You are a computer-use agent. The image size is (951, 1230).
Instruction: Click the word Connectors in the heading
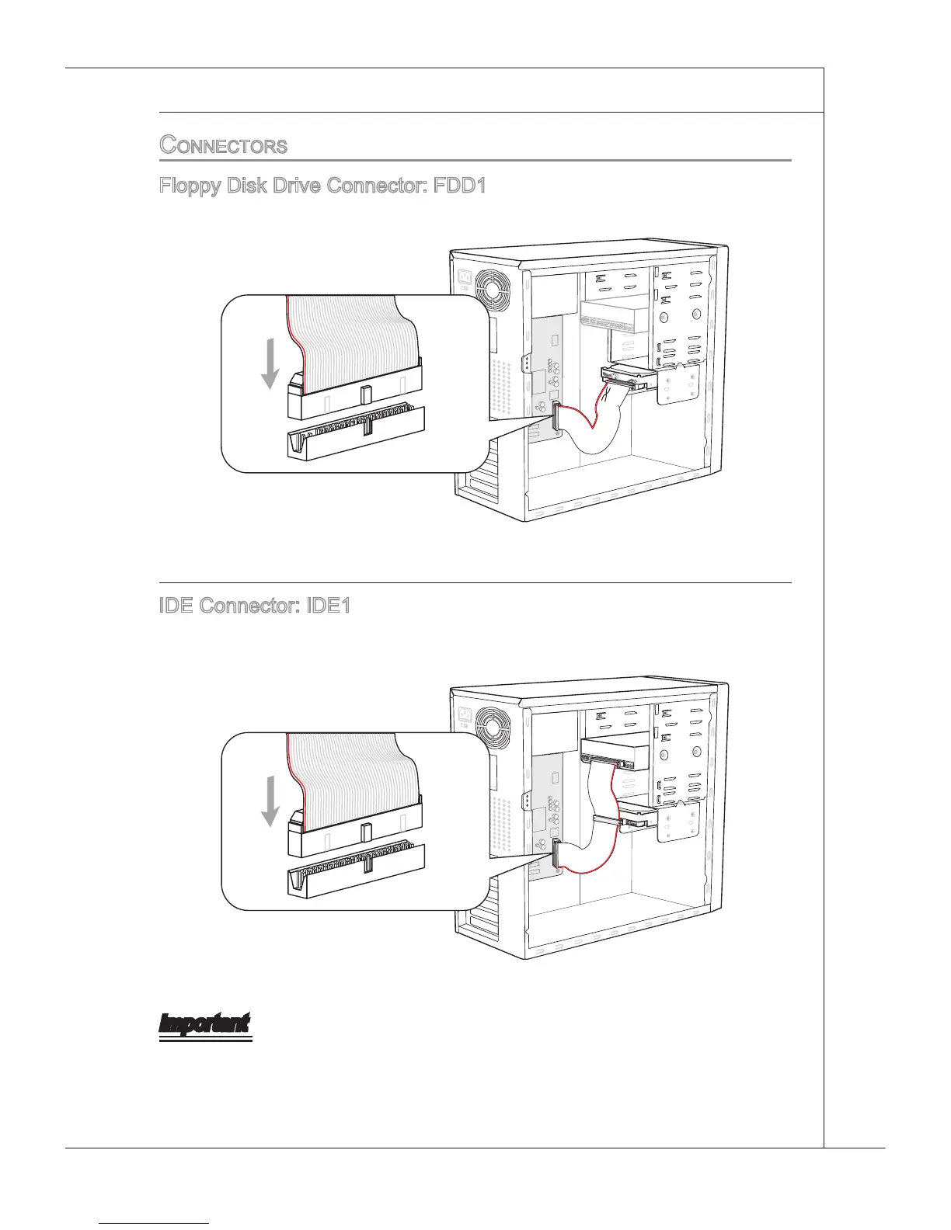click(223, 145)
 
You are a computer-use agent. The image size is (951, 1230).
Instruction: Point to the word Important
click(205, 1023)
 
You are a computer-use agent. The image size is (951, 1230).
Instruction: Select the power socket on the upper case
click(466, 276)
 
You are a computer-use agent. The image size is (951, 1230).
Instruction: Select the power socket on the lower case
click(466, 714)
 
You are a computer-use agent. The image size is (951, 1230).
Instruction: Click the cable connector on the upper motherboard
click(556, 416)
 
